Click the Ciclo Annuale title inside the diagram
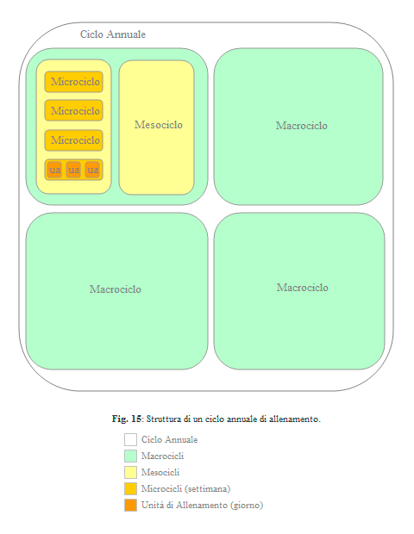click(113, 34)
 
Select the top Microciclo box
click(73, 82)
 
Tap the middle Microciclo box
click(73, 110)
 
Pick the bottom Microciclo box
click(73, 140)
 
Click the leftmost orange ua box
click(54, 170)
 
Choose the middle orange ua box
click(73, 170)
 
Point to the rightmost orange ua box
click(92, 170)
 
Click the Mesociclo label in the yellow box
click(159, 125)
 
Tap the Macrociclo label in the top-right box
click(302, 126)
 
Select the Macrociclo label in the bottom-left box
click(116, 289)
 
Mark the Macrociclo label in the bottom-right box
click(303, 288)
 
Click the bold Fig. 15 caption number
click(127, 419)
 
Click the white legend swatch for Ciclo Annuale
click(130, 439)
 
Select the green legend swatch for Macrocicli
click(130, 456)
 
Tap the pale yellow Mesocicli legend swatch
click(130, 472)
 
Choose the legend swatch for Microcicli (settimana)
click(130, 488)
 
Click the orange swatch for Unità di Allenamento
click(130, 505)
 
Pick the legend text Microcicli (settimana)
click(185, 488)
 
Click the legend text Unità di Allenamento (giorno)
click(202, 505)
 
